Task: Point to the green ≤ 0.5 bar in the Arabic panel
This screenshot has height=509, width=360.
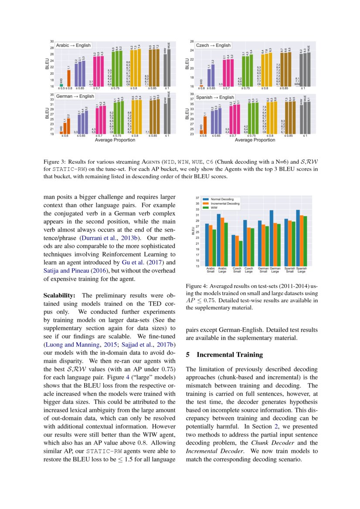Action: point(61,84)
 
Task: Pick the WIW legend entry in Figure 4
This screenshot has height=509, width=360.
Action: point(214,208)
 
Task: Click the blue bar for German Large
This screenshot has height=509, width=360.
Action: point(272,238)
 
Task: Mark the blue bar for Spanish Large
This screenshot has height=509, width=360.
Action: point(298,238)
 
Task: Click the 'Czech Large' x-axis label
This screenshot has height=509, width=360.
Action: point(248,270)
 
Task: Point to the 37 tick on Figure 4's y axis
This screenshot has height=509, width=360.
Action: point(197,197)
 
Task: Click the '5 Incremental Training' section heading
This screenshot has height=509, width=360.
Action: point(224,354)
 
